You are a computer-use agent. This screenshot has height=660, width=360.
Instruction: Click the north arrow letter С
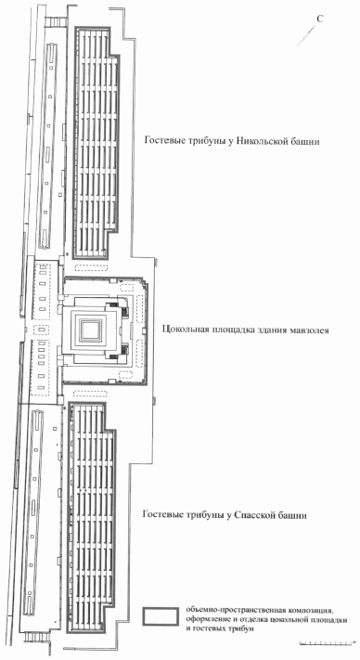point(320,19)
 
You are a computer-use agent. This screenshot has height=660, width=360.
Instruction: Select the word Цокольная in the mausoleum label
point(182,330)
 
